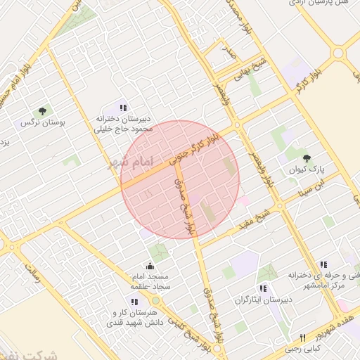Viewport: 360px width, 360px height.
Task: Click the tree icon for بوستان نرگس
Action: (x=42, y=111)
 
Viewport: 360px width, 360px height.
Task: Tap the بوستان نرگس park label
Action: (x=42, y=123)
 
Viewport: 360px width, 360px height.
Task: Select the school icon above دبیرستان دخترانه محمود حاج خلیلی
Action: (x=123, y=108)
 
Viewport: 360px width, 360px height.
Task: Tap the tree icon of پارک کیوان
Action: (x=306, y=158)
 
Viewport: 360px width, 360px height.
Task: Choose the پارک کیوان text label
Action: (x=307, y=170)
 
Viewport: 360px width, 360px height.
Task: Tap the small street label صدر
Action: (x=226, y=50)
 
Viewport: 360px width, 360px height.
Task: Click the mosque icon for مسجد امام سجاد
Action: (x=150, y=266)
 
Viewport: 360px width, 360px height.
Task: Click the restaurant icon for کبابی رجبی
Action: (x=302, y=337)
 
